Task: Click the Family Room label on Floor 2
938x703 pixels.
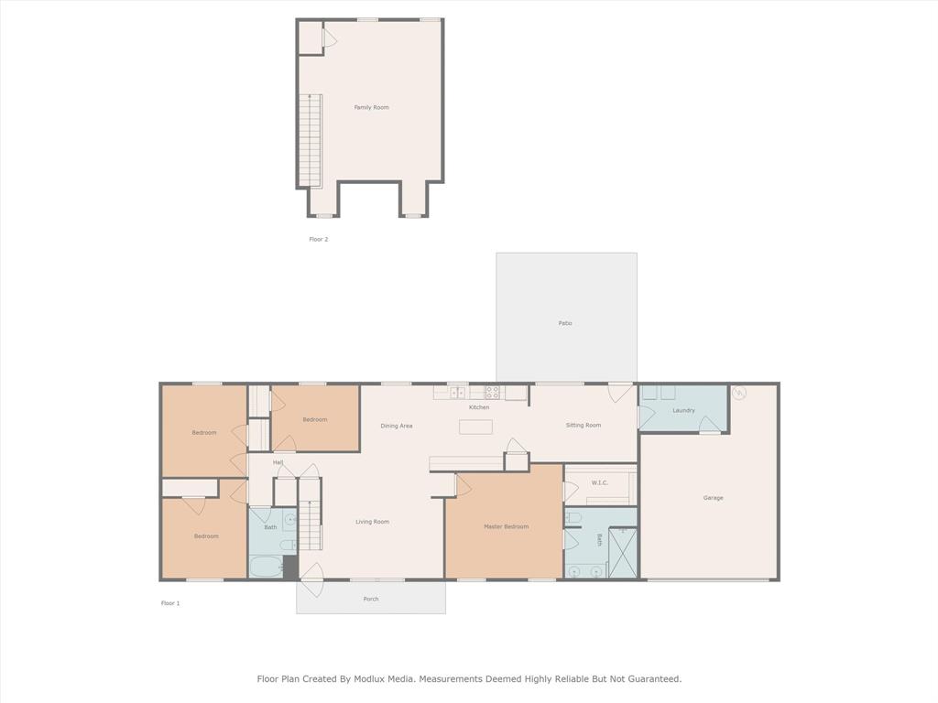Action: [x=371, y=107]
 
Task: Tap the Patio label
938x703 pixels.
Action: [x=565, y=323]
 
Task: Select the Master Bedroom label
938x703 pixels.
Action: [x=506, y=526]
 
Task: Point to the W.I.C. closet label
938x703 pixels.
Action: [x=599, y=482]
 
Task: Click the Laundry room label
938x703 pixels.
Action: [x=683, y=410]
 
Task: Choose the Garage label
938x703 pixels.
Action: [x=713, y=498]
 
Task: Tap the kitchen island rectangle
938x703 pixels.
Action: [x=475, y=427]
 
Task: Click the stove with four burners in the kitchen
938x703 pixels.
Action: [x=493, y=392]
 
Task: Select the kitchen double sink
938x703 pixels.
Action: [x=457, y=393]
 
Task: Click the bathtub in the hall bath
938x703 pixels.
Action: [x=267, y=568]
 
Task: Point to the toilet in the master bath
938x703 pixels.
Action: [x=573, y=518]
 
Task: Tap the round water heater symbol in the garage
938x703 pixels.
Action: [x=739, y=393]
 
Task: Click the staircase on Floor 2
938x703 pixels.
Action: [x=311, y=139]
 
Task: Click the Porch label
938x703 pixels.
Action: [x=371, y=599]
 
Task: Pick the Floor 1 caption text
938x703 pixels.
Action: [x=170, y=603]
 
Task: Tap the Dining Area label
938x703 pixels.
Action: [x=397, y=426]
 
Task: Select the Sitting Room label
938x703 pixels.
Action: [x=583, y=425]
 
